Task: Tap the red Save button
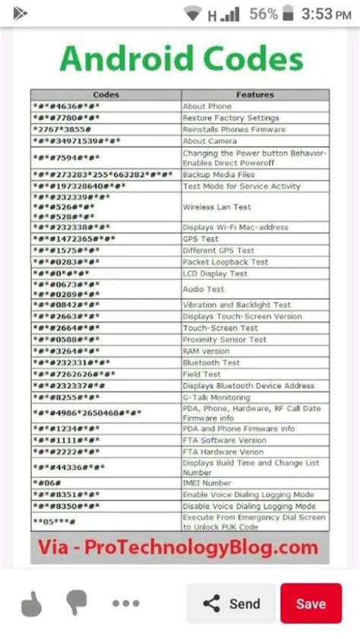click(311, 603)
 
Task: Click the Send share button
click(232, 603)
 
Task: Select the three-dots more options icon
click(125, 604)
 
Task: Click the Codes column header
click(106, 95)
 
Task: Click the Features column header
click(254, 95)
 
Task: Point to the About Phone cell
click(207, 106)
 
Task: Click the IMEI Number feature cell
click(207, 483)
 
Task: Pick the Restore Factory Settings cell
click(231, 118)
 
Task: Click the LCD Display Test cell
click(215, 273)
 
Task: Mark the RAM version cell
click(206, 351)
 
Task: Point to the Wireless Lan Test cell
click(216, 206)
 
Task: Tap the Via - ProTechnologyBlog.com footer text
click(180, 547)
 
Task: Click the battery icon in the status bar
click(287, 14)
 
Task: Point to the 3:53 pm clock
click(327, 14)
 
